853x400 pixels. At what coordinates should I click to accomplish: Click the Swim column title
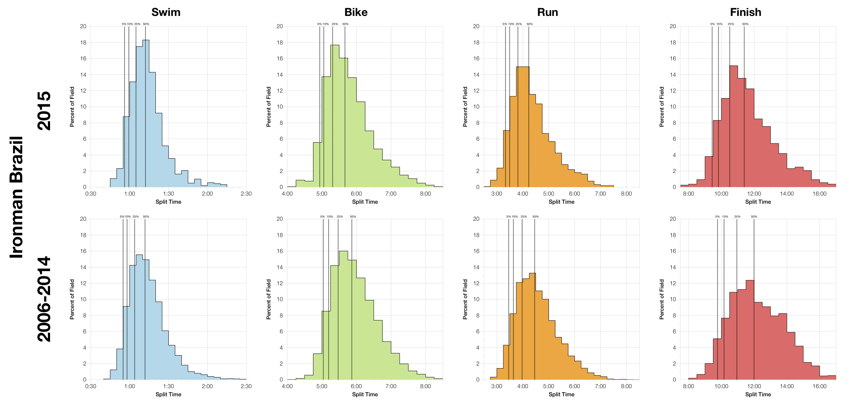click(x=166, y=12)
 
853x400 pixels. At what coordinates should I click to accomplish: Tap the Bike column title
click(x=356, y=12)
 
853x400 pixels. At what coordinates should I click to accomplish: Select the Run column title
click(x=547, y=12)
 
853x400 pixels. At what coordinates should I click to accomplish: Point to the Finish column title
click(x=745, y=12)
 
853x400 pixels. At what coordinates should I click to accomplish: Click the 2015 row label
click(x=44, y=110)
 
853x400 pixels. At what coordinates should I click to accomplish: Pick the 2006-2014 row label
click(x=44, y=299)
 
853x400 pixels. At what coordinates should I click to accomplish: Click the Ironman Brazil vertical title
click(x=17, y=197)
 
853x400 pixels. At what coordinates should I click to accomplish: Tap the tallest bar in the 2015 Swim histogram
click(x=146, y=111)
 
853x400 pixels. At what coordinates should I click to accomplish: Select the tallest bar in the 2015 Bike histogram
click(x=335, y=115)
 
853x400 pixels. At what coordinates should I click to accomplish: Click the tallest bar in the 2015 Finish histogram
click(x=734, y=126)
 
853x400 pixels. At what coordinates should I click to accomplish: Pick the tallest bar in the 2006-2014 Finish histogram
click(x=750, y=330)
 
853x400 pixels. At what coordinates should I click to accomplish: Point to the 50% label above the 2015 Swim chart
click(x=146, y=24)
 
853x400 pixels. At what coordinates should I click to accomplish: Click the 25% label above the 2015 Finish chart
click(x=731, y=24)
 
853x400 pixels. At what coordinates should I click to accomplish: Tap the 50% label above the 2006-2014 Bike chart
click(x=353, y=217)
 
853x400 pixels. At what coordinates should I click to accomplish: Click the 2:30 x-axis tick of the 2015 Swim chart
click(x=246, y=194)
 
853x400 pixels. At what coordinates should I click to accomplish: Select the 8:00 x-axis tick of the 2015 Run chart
click(x=626, y=194)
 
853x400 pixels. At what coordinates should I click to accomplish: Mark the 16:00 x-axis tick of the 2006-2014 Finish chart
click(x=820, y=386)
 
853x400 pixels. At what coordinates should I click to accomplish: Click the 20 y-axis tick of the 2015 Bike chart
click(x=280, y=26)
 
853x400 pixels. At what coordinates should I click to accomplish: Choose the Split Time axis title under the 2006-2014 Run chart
click(x=561, y=394)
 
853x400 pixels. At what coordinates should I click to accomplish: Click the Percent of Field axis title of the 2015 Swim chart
click(x=72, y=107)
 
